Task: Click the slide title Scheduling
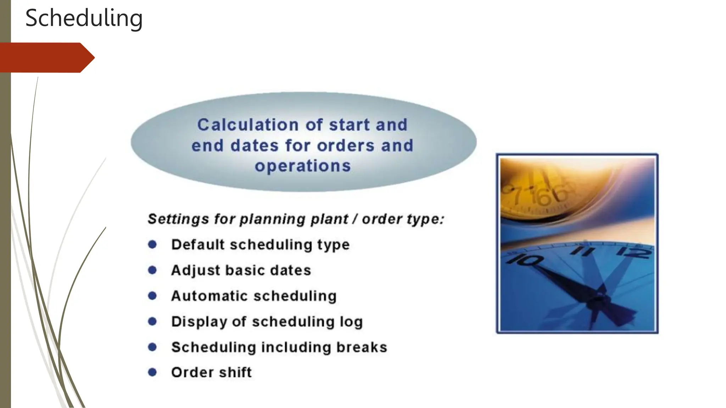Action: pyautogui.click(x=84, y=18)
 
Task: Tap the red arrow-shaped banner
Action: pyautogui.click(x=46, y=57)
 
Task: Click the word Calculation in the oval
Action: pyautogui.click(x=248, y=125)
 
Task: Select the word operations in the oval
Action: pyautogui.click(x=303, y=166)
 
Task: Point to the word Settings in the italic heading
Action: pyautogui.click(x=178, y=219)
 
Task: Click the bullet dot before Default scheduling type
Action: pyautogui.click(x=152, y=244)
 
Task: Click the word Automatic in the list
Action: pyautogui.click(x=210, y=296)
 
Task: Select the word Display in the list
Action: pyautogui.click(x=199, y=322)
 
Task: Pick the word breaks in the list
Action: pyautogui.click(x=362, y=347)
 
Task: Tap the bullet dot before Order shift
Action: pyautogui.click(x=152, y=372)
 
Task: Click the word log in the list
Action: pyautogui.click(x=351, y=322)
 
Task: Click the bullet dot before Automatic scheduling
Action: pyautogui.click(x=152, y=296)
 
